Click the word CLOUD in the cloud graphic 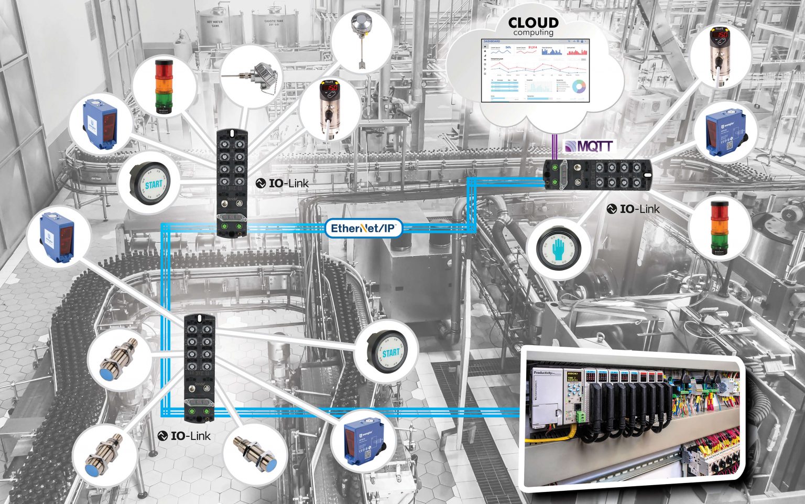point(533,23)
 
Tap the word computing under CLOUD point(533,33)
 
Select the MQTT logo point(588,146)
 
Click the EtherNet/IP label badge point(364,228)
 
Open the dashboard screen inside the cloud point(535,70)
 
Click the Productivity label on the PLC point(543,373)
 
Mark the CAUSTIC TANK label point(274,23)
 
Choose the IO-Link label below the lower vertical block point(184,436)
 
